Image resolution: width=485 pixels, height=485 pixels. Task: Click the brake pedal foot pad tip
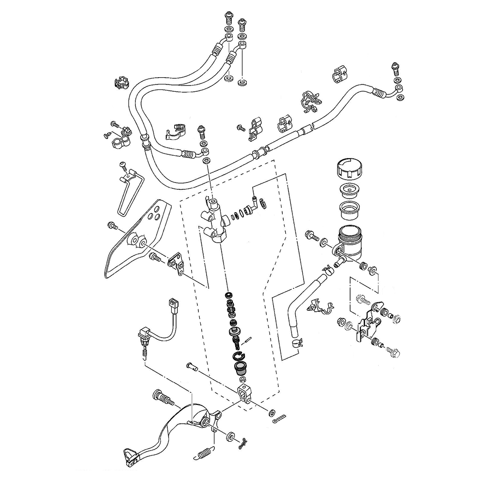129,456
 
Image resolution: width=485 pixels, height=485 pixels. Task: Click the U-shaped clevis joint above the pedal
245,392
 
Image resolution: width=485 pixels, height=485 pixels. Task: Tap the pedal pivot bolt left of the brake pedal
163,397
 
